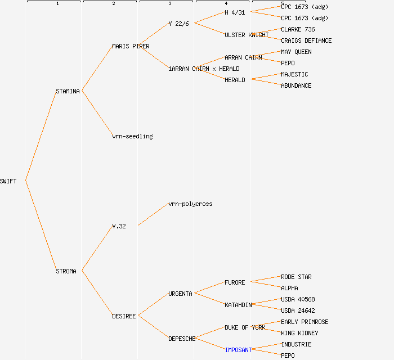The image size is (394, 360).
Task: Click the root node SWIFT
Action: pyautogui.click(x=8, y=181)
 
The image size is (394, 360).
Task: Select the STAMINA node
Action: pyautogui.click(x=68, y=91)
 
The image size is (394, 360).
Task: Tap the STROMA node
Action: pyautogui.click(x=66, y=271)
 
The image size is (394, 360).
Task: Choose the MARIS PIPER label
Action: pyautogui.click(x=131, y=46)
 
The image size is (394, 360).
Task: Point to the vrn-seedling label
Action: pyautogui.click(x=132, y=136)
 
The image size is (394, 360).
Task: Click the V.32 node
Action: pyautogui.click(x=119, y=226)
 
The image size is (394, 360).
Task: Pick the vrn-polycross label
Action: pyautogui.click(x=190, y=204)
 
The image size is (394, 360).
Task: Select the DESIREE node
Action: pyautogui.click(x=124, y=316)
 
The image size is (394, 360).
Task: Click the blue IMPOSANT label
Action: pyautogui.click(x=238, y=350)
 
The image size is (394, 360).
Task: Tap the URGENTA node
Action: pyautogui.click(x=180, y=294)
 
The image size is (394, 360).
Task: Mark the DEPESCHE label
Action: pyautogui.click(x=182, y=339)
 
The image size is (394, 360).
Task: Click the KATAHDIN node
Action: pyautogui.click(x=238, y=305)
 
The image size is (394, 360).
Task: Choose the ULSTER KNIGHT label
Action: pyautogui.click(x=247, y=35)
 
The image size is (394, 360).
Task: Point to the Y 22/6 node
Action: pyautogui.click(x=178, y=24)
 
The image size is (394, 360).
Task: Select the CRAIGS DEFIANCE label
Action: pyautogui.click(x=306, y=40)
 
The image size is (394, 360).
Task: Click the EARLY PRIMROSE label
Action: pyautogui.click(x=305, y=322)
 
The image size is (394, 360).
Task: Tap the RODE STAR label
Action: pyautogui.click(x=296, y=277)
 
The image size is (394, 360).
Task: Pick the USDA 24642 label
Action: pyautogui.click(x=298, y=310)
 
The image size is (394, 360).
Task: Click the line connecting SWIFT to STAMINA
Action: pyautogui.click(x=41, y=135)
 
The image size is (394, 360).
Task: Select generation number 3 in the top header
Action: pyautogui.click(x=169, y=4)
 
